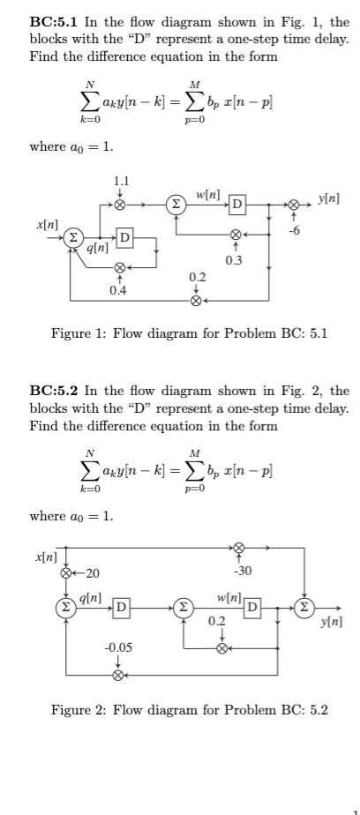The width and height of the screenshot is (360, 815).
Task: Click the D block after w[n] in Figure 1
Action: coord(236,206)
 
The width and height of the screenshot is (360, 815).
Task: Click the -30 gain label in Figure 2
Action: coord(245,572)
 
